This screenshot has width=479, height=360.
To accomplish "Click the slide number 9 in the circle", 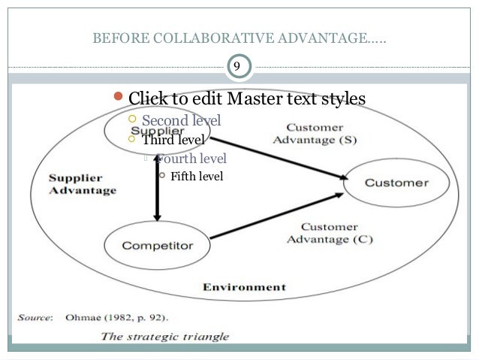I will (x=237, y=68).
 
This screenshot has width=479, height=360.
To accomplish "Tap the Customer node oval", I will (x=396, y=183).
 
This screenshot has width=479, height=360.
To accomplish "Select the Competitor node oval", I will (x=158, y=245).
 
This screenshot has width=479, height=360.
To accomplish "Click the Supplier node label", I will (x=161, y=130).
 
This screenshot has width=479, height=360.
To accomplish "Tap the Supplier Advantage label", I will (x=82, y=184).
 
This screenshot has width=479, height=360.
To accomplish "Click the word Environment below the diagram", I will (x=244, y=287).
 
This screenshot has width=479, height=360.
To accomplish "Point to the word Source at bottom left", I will (x=34, y=317).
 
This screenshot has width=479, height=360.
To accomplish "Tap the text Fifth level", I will (x=197, y=177).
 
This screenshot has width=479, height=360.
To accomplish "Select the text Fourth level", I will (x=191, y=159).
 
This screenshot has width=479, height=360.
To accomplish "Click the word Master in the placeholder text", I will (x=258, y=99).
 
